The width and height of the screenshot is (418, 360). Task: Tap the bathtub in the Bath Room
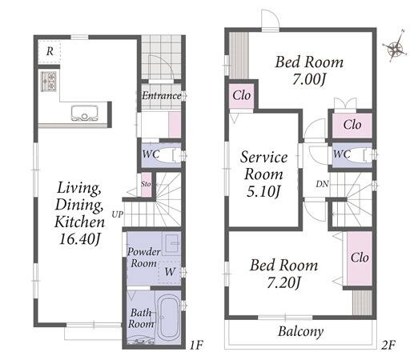pyautogui.click(x=167, y=318)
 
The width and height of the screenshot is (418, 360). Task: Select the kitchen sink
pyautogui.click(x=84, y=113)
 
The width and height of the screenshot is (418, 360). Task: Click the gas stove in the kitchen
pyautogui.click(x=49, y=82)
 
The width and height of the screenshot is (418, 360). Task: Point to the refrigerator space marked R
pyautogui.click(x=50, y=51)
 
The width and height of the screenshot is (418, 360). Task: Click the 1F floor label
pyautogui.click(x=196, y=346)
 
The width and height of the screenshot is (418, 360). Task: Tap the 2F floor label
pyautogui.click(x=388, y=346)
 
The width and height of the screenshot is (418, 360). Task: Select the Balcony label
pyautogui.click(x=301, y=332)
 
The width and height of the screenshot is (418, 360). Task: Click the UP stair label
pyautogui.click(x=118, y=214)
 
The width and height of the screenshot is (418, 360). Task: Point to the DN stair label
pyautogui.click(x=322, y=184)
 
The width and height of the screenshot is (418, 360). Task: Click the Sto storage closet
pyautogui.click(x=146, y=185)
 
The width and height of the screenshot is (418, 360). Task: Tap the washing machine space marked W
pyautogui.click(x=170, y=271)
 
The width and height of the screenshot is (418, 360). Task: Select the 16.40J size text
pyautogui.click(x=80, y=239)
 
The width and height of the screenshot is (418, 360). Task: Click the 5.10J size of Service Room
pyautogui.click(x=263, y=192)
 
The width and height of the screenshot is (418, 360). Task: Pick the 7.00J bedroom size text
pyautogui.click(x=309, y=79)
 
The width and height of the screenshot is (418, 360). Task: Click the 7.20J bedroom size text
pyautogui.click(x=284, y=282)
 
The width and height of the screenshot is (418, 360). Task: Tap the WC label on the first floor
pyautogui.click(x=151, y=154)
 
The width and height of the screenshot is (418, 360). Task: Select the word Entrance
pyautogui.click(x=162, y=96)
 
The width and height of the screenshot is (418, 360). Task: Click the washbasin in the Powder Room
pyautogui.click(x=172, y=243)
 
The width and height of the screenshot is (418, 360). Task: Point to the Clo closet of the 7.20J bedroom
pyautogui.click(x=360, y=258)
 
